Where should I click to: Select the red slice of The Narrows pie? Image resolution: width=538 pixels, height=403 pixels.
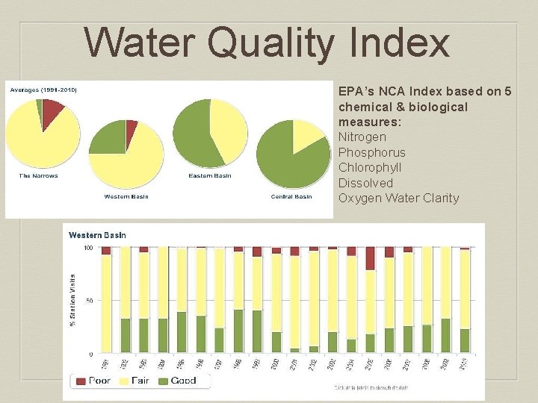52,111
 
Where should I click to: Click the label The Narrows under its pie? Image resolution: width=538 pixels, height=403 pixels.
39,175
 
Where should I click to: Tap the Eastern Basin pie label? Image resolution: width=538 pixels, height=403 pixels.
210,175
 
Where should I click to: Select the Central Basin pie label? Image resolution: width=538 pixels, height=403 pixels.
291,197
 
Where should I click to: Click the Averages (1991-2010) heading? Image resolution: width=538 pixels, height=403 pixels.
43,90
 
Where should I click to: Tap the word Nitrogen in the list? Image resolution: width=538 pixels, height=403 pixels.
362,137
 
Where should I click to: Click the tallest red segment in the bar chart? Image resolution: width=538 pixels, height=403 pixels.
371,258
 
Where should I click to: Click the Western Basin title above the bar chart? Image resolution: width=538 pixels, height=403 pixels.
97,235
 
